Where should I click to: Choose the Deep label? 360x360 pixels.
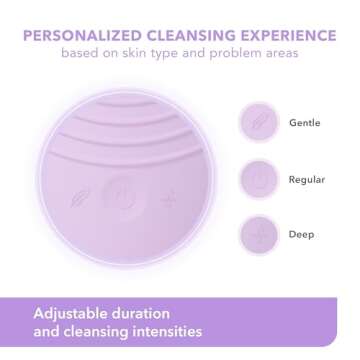[301, 234]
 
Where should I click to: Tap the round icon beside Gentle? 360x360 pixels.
[258, 122]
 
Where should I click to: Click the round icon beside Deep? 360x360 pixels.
[258, 234]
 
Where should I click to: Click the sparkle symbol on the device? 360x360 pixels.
[168, 198]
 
